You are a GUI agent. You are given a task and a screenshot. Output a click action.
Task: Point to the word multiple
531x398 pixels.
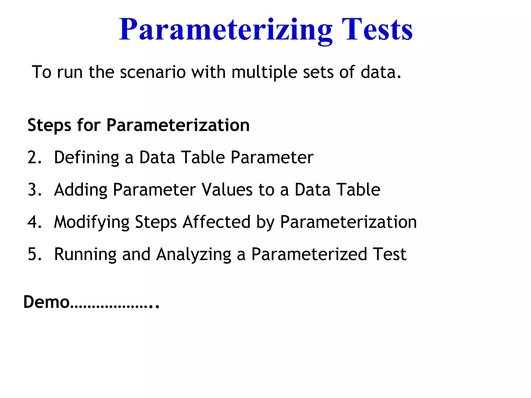point(264,73)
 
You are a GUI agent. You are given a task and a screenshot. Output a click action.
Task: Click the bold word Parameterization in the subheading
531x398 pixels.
point(178,125)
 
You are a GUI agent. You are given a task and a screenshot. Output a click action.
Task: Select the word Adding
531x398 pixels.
point(81,190)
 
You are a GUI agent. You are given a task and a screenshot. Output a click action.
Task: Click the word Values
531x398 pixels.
point(227,190)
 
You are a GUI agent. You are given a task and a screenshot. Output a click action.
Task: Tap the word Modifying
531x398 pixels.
point(92,223)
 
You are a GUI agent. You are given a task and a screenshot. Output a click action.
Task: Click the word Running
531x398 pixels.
point(85,255)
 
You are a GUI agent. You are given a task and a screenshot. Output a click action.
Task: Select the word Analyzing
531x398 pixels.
point(193,255)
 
